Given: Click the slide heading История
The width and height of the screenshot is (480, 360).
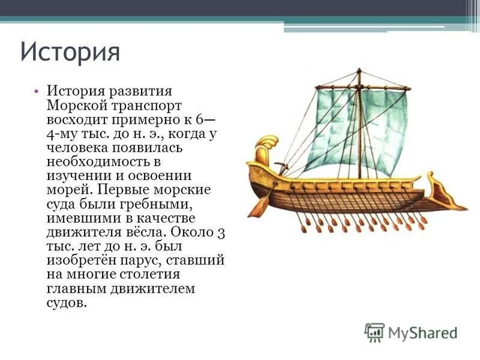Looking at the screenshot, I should [x=70, y=52].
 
